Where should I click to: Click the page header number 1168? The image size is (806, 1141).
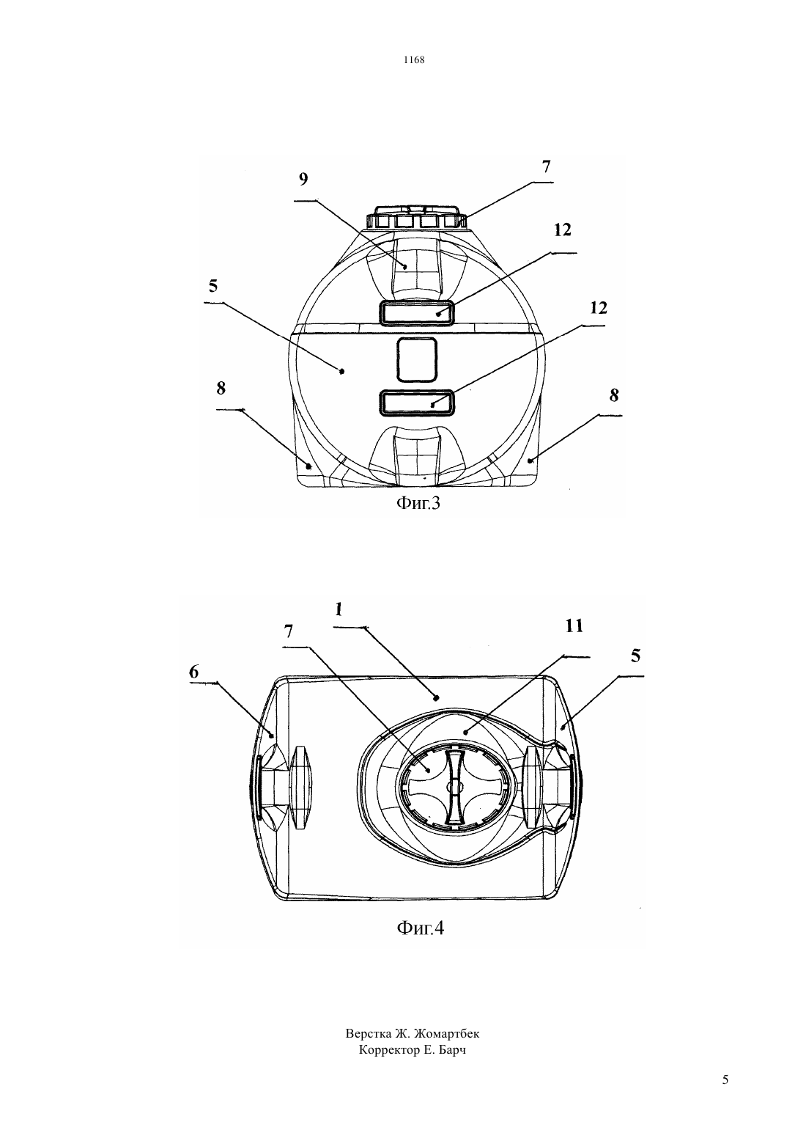click(414, 59)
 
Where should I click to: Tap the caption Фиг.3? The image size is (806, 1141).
click(418, 504)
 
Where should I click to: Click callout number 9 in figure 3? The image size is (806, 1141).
click(303, 180)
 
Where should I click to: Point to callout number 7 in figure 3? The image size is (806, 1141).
click(546, 166)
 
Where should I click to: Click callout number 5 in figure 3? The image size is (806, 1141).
click(213, 286)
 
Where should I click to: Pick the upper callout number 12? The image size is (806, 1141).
click(562, 230)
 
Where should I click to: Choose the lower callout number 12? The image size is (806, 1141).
click(599, 308)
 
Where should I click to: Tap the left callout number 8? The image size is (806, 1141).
click(221, 389)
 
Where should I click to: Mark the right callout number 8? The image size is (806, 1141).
click(614, 395)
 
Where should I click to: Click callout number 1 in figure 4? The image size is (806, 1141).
click(339, 609)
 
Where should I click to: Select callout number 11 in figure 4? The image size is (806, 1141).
click(574, 626)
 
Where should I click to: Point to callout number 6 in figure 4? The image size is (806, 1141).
click(193, 672)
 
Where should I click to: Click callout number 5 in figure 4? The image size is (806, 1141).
click(635, 656)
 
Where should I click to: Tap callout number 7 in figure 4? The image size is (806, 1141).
click(289, 631)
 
